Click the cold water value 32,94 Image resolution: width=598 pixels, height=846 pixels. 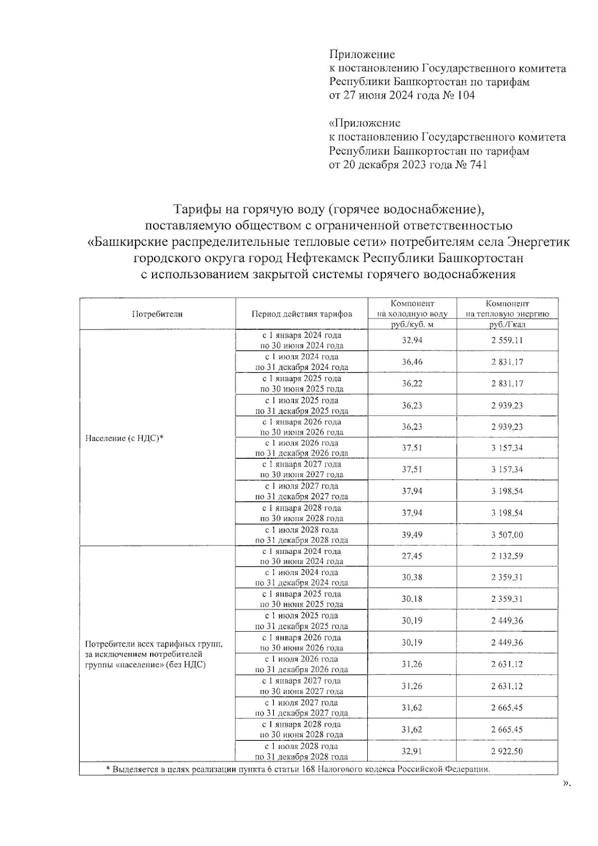point(412,340)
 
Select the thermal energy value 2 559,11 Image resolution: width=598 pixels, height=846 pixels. point(507,340)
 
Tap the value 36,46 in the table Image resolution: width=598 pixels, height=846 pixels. point(412,362)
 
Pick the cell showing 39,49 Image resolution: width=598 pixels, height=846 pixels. point(412,535)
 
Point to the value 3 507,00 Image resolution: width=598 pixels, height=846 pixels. point(507,535)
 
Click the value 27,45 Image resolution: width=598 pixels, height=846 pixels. point(412,556)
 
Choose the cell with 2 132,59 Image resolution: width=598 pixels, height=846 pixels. point(507,556)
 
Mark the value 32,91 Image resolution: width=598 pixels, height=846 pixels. point(412,751)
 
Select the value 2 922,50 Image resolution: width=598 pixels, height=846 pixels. point(507,751)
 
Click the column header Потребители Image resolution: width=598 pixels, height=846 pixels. point(157,314)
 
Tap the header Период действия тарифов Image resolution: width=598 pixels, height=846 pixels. point(301,314)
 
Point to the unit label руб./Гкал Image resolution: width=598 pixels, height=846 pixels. point(507,325)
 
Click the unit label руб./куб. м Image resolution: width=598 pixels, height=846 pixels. point(412,325)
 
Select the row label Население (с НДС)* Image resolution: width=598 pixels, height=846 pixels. point(125,438)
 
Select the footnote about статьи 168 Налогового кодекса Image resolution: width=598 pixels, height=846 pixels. point(299,769)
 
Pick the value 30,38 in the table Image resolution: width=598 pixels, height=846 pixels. point(412,578)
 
